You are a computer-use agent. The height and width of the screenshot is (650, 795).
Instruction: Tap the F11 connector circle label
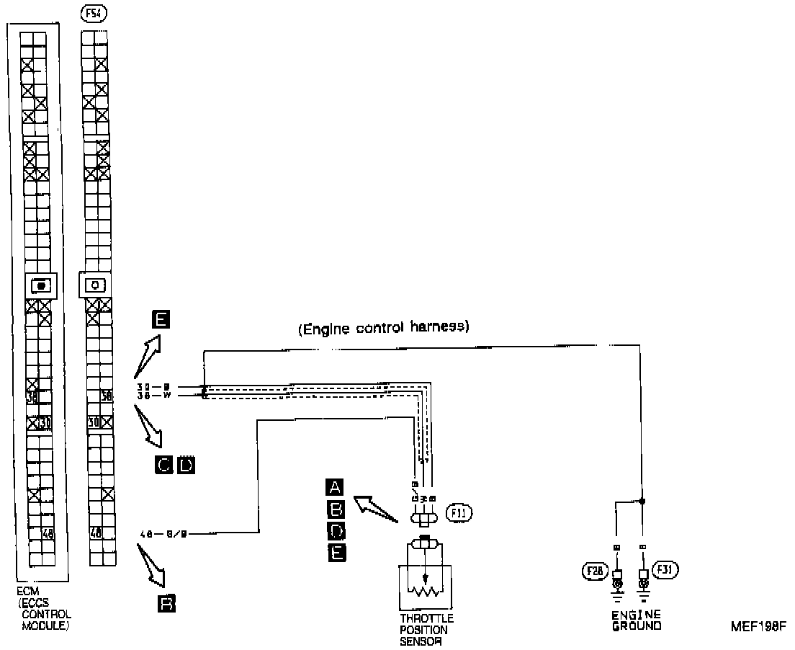pos(459,513)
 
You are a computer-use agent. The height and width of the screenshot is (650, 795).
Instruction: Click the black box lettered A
pos(335,486)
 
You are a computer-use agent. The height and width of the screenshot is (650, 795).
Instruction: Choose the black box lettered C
pos(164,466)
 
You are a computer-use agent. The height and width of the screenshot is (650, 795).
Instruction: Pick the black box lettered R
pos(166,603)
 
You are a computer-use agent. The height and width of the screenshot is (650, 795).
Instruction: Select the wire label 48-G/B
pos(165,534)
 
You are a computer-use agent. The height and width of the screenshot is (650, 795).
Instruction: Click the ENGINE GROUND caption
pos(637,620)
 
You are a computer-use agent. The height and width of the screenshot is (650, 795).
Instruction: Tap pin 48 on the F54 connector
pos(95,534)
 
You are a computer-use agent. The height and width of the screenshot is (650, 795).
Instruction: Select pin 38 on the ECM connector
pos(32,396)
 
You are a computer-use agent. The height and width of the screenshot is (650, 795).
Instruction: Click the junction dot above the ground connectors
pos(642,499)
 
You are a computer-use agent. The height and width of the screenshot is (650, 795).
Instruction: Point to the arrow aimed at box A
pos(375,508)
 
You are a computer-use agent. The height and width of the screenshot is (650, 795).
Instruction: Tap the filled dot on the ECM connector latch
pos(41,285)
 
